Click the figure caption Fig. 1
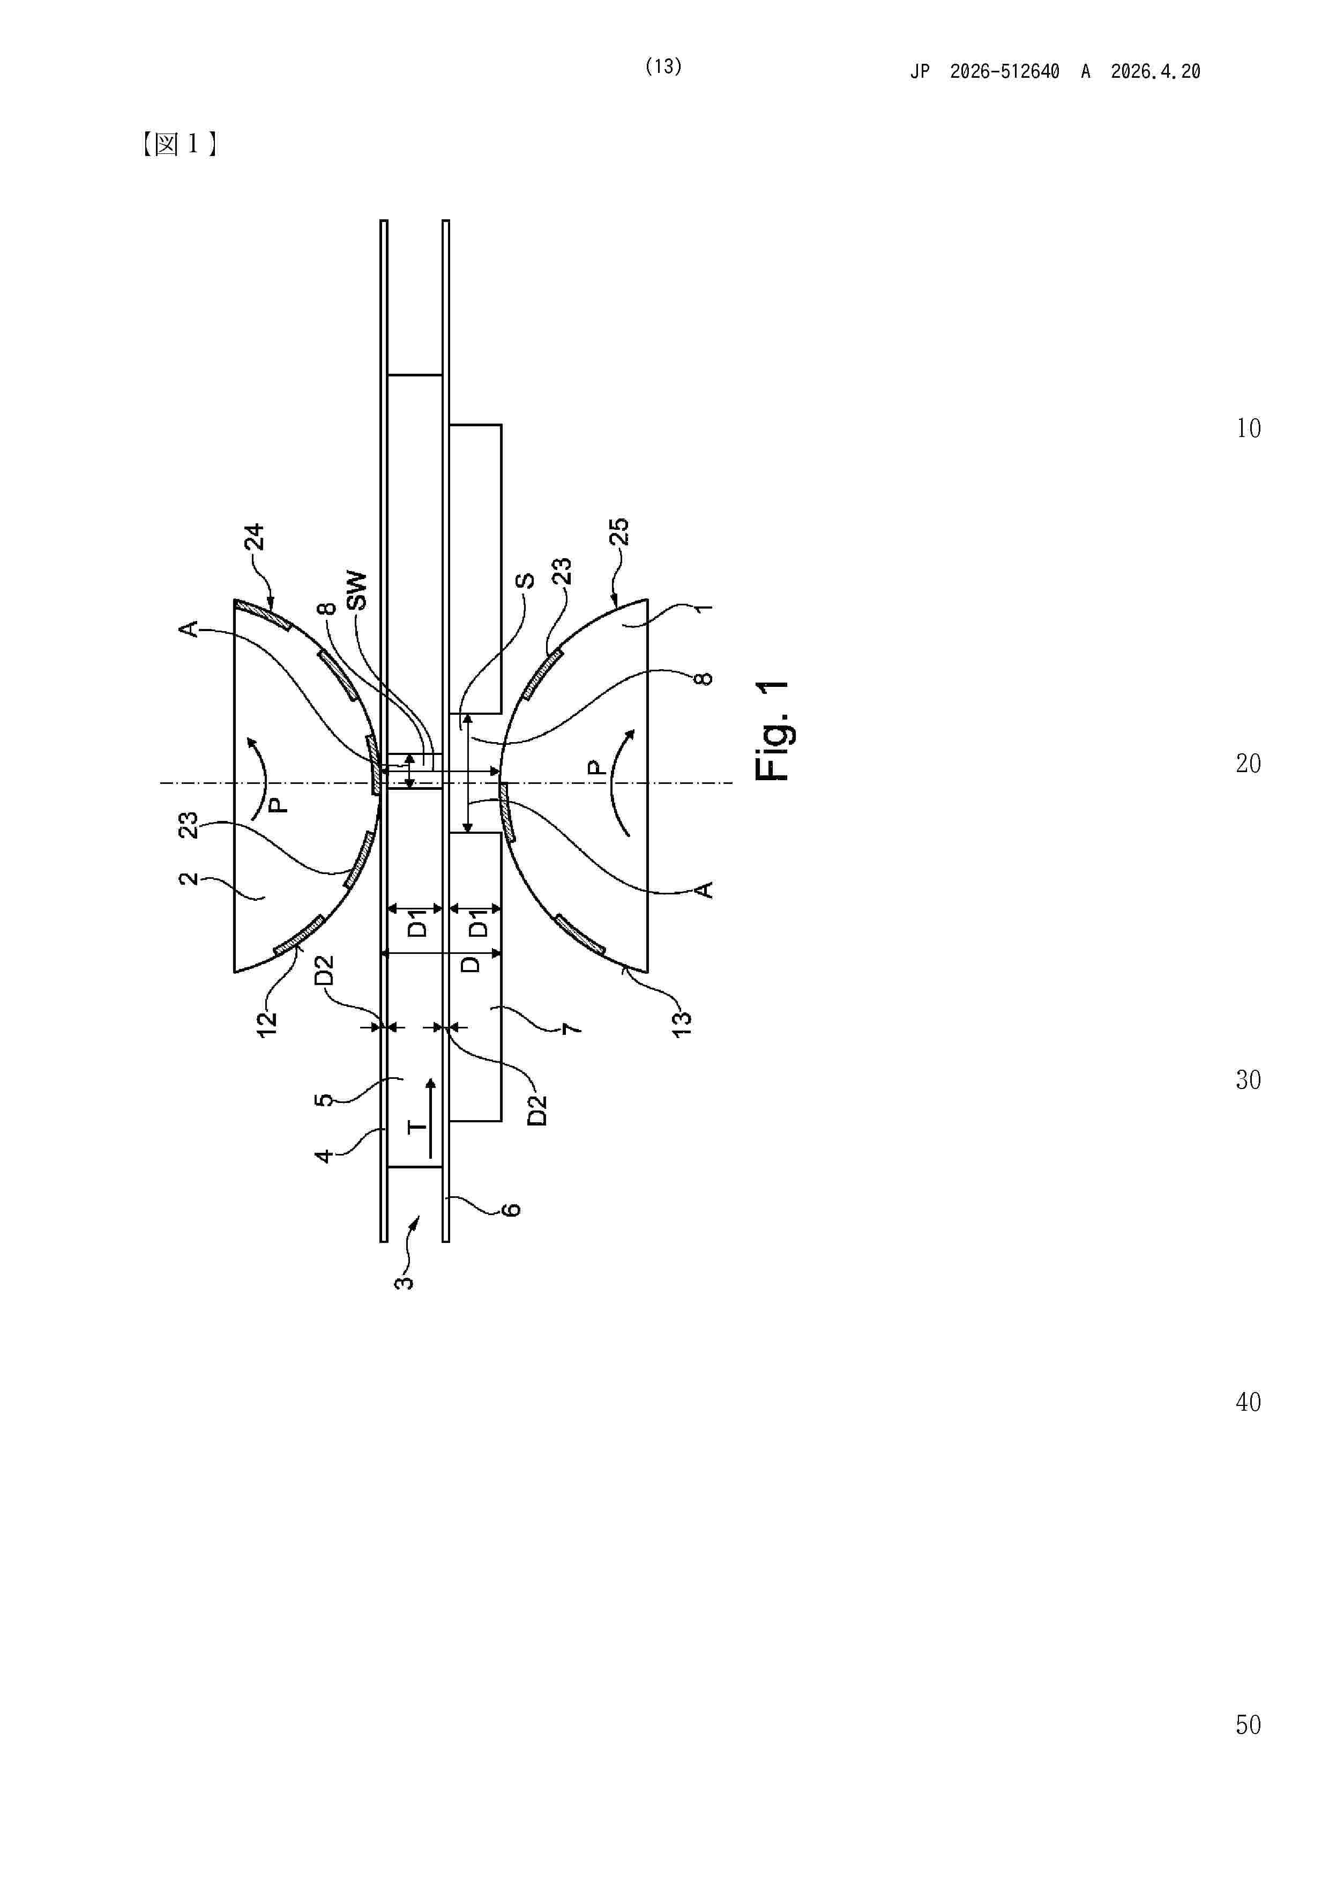point(772,730)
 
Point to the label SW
point(357,591)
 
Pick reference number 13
point(682,1023)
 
